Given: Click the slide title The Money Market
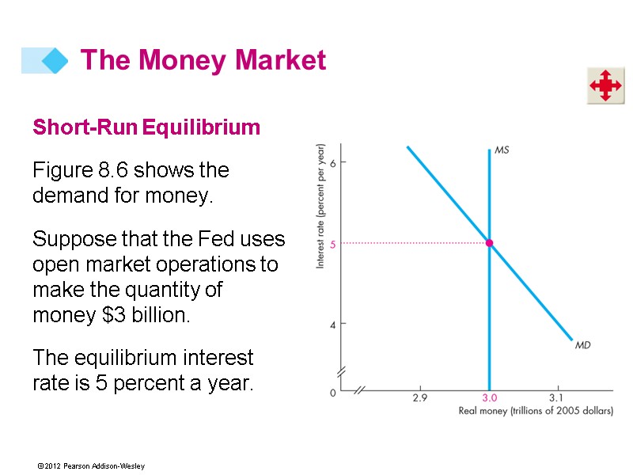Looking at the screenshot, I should click(203, 60).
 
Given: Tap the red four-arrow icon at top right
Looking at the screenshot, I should click(605, 85).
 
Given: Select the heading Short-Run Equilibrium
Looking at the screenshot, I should click(146, 127).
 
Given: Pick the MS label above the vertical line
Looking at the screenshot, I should click(502, 149).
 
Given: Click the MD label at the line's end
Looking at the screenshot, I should click(583, 345).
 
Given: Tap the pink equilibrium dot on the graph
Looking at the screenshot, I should click(490, 243).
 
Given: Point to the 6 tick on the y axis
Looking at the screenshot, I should click(333, 162).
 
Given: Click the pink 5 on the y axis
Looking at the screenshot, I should click(333, 244).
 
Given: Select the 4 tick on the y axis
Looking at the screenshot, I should click(333, 325).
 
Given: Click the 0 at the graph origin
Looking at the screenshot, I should click(333, 391).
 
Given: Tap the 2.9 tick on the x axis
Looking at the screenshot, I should click(419, 398).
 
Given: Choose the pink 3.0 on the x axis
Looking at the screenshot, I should click(490, 398).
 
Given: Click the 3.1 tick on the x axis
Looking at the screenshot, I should click(556, 398).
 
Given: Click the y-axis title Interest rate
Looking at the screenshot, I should click(321, 206).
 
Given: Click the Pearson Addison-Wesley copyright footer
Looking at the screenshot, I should click(90, 466).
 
